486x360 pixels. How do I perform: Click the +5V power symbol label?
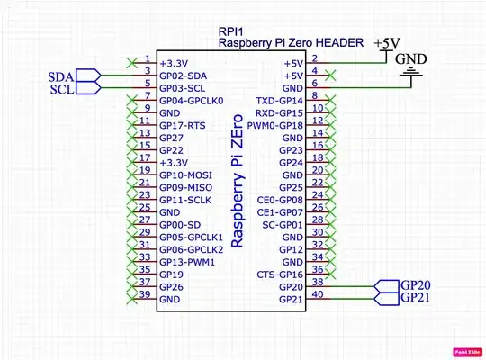coord(388,43)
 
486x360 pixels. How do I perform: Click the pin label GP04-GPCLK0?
coord(192,101)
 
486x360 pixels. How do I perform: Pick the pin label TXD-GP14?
coord(280,101)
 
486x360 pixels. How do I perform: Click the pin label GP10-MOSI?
coord(186,174)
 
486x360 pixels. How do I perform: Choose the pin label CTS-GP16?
coord(280,274)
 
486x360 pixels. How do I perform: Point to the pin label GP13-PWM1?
coord(187,261)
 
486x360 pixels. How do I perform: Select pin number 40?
coord(317,293)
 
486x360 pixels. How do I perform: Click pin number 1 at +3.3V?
coord(147,58)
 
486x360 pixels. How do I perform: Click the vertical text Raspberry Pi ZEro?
coord(238,181)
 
